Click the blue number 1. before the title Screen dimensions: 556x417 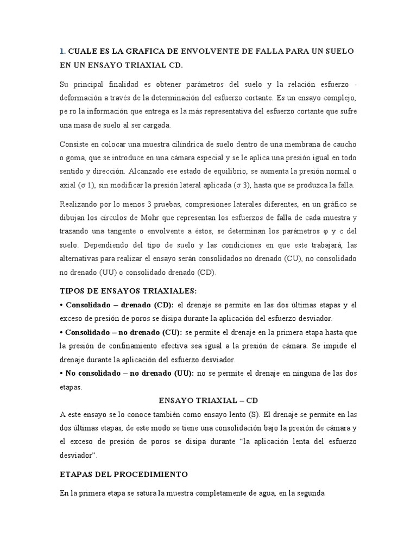point(62,51)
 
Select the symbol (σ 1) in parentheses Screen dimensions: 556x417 point(84,185)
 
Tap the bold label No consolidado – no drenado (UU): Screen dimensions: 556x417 point(126,374)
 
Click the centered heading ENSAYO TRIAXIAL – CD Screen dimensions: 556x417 point(208,401)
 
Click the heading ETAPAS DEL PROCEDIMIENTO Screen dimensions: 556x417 point(124,474)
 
